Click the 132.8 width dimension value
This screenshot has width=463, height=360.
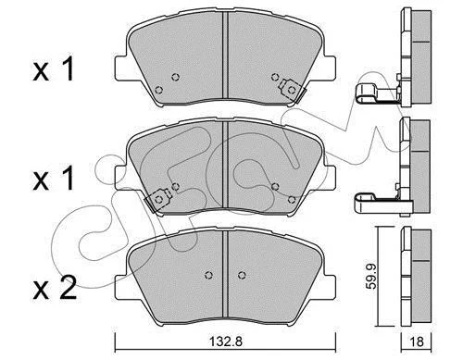[226, 341]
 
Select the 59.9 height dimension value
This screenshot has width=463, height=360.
[372, 276]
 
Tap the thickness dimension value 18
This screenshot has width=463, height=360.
[417, 341]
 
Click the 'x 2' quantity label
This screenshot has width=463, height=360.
[55, 288]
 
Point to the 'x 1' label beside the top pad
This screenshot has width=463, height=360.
[54, 68]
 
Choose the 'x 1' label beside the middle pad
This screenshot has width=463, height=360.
[54, 179]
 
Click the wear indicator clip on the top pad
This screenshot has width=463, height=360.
[292, 90]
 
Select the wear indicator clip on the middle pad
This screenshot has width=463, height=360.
[158, 200]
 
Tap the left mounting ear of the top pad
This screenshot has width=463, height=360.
[121, 68]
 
